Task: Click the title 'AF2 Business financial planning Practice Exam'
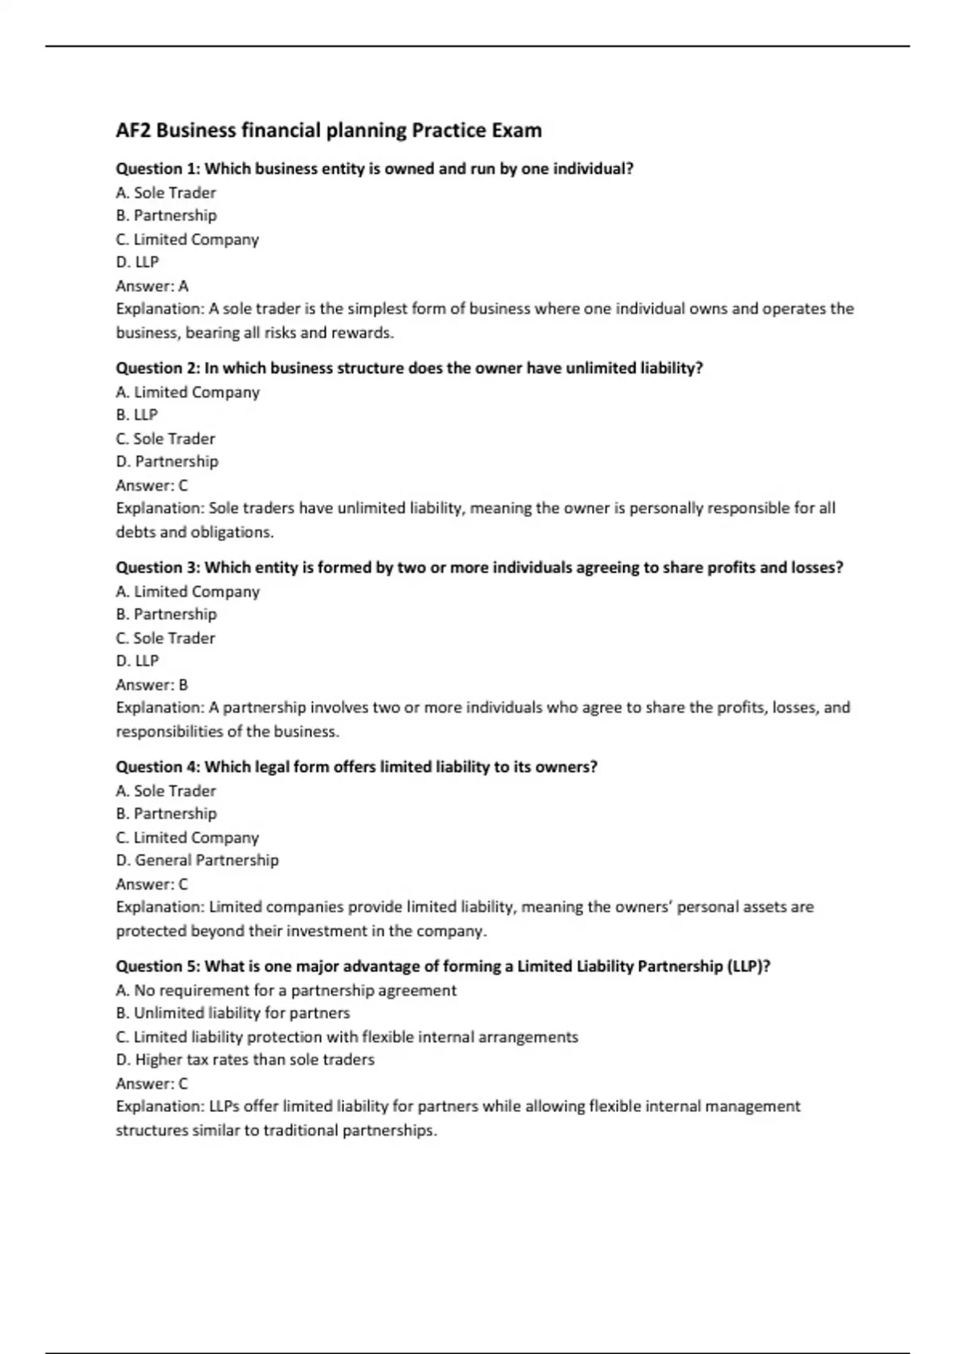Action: click(x=328, y=130)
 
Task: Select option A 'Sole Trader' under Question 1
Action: click(x=166, y=193)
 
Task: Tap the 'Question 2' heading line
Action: click(x=409, y=368)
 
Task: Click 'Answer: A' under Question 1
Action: click(x=152, y=286)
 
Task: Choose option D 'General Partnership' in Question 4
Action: click(x=198, y=860)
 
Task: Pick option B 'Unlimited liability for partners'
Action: click(x=233, y=1013)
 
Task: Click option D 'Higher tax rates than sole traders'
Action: click(x=245, y=1059)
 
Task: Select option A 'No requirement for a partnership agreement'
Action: click(x=286, y=990)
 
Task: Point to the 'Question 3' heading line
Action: click(x=479, y=567)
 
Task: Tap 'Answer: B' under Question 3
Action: click(x=152, y=685)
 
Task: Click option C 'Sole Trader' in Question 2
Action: click(x=166, y=439)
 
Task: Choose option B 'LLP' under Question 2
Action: click(x=137, y=415)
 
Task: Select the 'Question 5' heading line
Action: click(x=443, y=966)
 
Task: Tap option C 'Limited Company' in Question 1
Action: click(x=187, y=240)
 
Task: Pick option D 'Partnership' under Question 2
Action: click(x=167, y=461)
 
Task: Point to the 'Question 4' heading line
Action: click(x=356, y=766)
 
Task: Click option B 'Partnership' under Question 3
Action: click(x=167, y=614)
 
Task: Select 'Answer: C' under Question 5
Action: click(x=152, y=1084)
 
